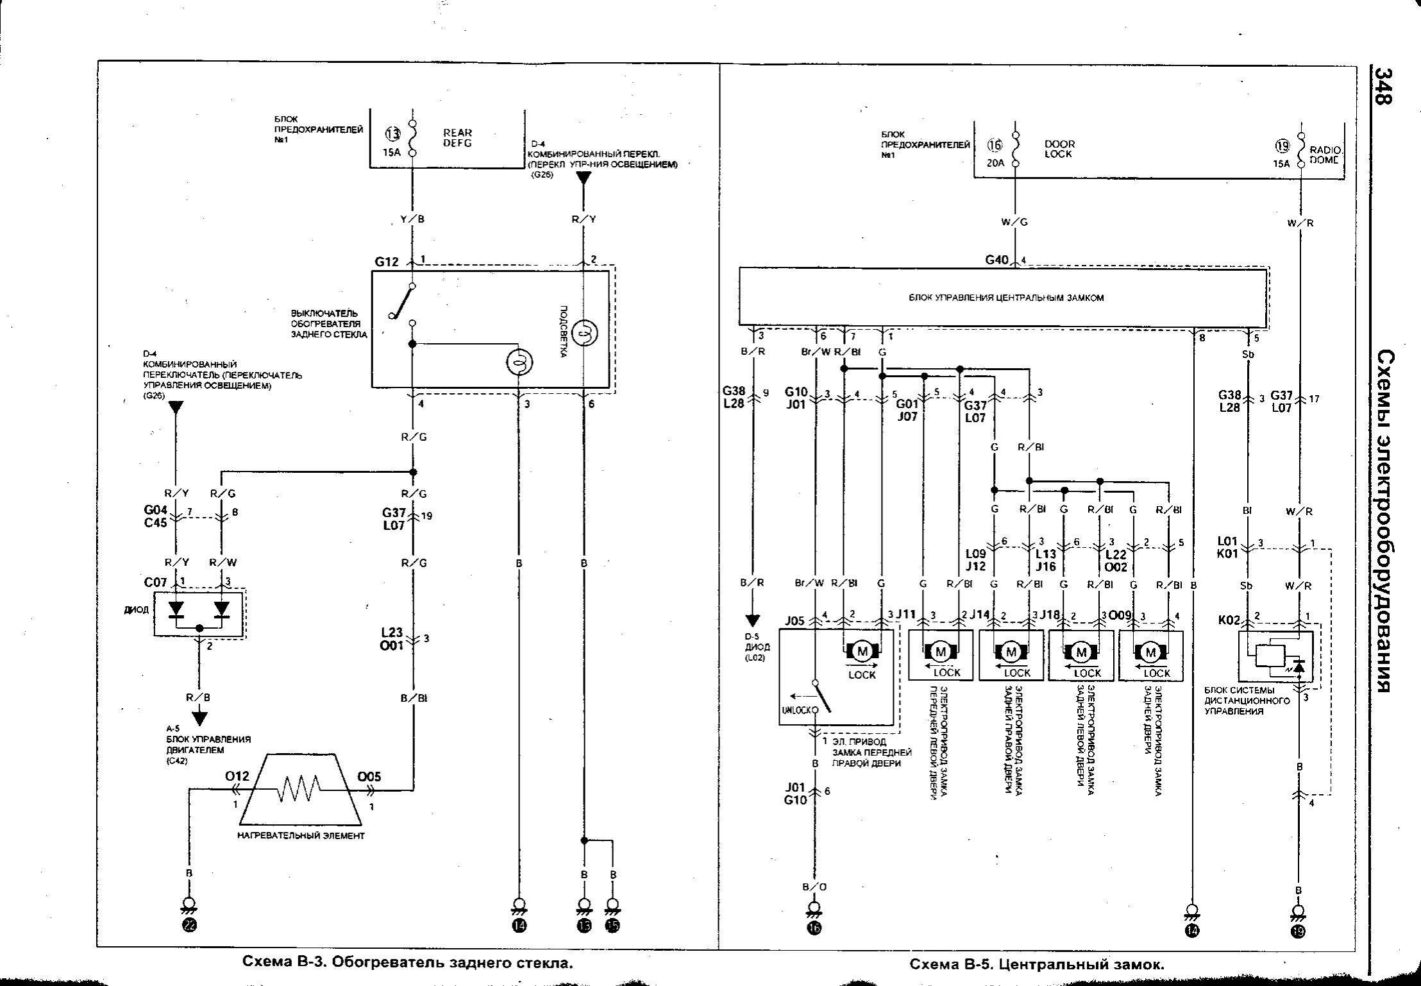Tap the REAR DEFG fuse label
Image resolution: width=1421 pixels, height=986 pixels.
[x=457, y=138]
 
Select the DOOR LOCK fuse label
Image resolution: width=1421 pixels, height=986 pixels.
[x=1059, y=149]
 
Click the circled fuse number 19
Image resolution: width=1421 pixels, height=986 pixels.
[x=1282, y=146]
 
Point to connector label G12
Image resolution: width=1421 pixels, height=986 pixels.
[x=387, y=262]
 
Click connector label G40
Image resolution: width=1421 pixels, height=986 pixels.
[x=997, y=260]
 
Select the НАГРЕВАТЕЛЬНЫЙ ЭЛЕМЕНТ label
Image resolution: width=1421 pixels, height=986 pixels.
[x=301, y=836]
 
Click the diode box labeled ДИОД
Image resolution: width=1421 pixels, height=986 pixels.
[x=199, y=614]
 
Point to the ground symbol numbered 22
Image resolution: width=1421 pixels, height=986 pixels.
[x=189, y=924]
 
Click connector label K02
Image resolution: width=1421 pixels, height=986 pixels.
[x=1229, y=621]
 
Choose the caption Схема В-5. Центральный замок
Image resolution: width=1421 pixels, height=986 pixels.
[x=1037, y=964]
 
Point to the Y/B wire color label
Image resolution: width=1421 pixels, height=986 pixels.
[x=412, y=219]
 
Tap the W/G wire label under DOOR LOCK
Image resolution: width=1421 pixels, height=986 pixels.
[x=1014, y=223]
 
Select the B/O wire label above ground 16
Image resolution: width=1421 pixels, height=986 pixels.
[x=814, y=887]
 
